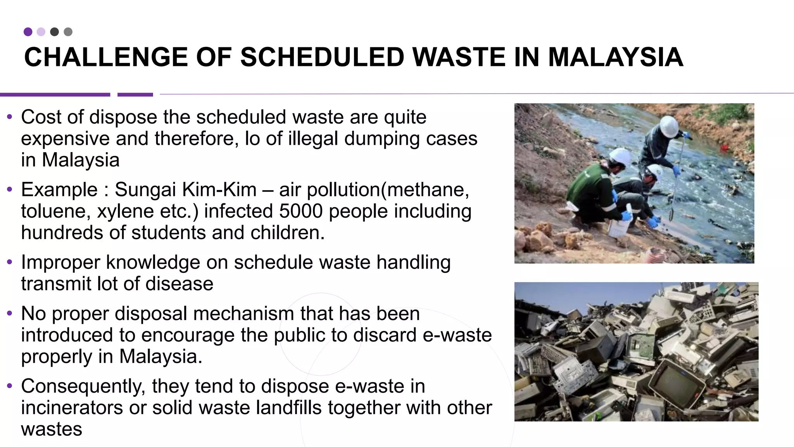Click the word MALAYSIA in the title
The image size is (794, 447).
tap(615, 57)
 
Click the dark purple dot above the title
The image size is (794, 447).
tap(28, 32)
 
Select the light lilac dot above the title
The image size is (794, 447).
tap(41, 32)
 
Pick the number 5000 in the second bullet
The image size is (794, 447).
tap(301, 211)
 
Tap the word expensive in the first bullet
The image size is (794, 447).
tap(66, 139)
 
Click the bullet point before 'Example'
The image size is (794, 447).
tap(10, 190)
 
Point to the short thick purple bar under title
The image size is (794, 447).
tap(135, 95)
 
